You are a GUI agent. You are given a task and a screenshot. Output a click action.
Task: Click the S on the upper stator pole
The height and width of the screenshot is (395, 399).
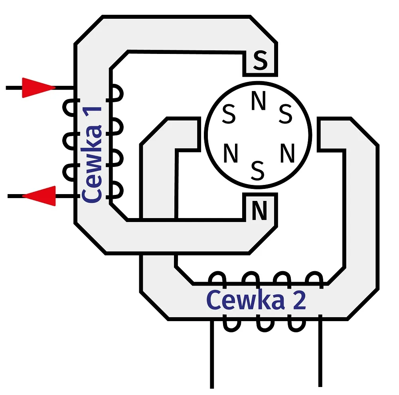coord(260,62)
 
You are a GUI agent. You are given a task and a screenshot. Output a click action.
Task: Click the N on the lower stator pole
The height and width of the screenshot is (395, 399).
coord(259,211)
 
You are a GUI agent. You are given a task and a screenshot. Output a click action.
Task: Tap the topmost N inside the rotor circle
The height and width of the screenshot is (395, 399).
coord(258,102)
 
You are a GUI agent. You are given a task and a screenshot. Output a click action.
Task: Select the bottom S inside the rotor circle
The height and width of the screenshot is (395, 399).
coord(258,171)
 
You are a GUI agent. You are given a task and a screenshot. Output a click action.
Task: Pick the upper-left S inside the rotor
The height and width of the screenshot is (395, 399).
coord(229,115)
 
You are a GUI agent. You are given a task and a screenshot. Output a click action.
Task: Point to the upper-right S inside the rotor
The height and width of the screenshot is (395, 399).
coord(285,115)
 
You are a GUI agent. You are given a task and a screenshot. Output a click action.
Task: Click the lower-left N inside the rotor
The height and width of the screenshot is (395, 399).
coord(230,154)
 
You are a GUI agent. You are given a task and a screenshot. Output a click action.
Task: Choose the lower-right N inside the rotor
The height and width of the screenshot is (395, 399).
coord(287,153)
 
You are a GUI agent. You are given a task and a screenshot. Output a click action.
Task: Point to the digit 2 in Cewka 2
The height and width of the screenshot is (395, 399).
coord(298,301)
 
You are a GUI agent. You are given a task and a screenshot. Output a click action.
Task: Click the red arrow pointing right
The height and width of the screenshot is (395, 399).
coord(38,87)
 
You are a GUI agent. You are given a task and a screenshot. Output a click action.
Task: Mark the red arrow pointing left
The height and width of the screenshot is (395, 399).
coord(39,196)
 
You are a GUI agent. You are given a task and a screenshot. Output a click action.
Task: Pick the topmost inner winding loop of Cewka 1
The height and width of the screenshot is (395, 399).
coord(117,93)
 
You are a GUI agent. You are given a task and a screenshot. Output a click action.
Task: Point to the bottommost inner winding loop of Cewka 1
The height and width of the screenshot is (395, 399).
coord(117,190)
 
